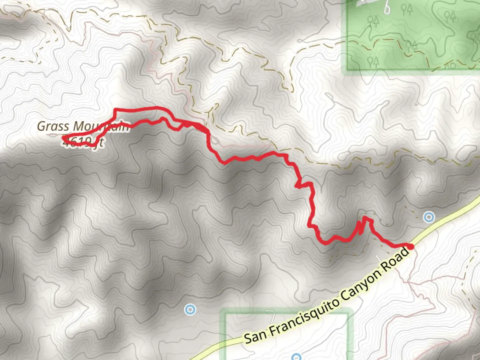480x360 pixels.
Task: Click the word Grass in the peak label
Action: (x=53, y=126)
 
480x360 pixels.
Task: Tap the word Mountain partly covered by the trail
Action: (x=100, y=127)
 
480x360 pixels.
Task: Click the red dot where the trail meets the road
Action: (x=411, y=247)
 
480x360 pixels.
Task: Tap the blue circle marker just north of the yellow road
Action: (x=429, y=218)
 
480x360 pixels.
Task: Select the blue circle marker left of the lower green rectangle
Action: (x=190, y=310)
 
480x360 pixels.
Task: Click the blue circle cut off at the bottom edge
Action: (x=296, y=357)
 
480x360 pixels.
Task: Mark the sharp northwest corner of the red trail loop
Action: (x=115, y=109)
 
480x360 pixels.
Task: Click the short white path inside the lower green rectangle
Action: (x=270, y=315)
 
